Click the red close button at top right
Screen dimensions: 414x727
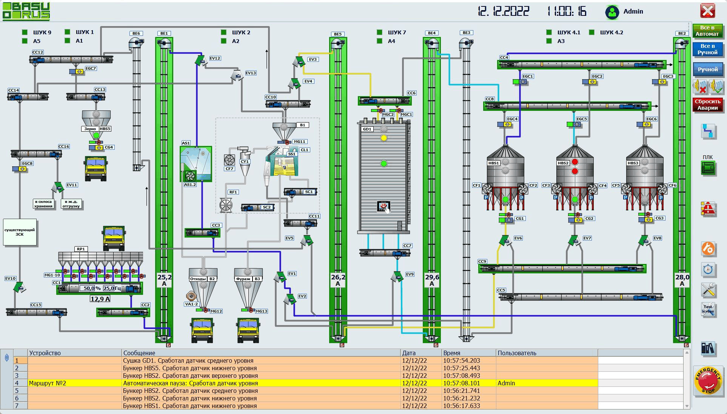[707, 11]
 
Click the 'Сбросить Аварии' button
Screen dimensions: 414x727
[707, 105]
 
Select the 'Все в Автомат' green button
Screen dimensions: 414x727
[707, 31]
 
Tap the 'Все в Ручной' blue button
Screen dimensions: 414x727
[707, 49]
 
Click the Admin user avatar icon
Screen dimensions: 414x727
[612, 12]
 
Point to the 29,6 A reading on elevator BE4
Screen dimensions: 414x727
[432, 280]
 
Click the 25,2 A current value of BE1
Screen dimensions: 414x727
[164, 280]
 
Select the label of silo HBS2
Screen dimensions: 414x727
[563, 163]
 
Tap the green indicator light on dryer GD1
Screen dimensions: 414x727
[384, 164]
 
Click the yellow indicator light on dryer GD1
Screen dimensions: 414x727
[384, 138]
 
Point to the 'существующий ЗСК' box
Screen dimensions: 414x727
[20, 232]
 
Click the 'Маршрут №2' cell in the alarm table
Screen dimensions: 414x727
[48, 383]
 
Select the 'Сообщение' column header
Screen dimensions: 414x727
[139, 353]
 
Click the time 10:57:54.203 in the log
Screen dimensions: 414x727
[462, 360]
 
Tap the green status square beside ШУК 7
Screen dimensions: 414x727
[379, 32]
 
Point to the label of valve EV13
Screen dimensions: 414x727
[251, 73]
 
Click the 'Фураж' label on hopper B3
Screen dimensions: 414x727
[243, 279]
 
